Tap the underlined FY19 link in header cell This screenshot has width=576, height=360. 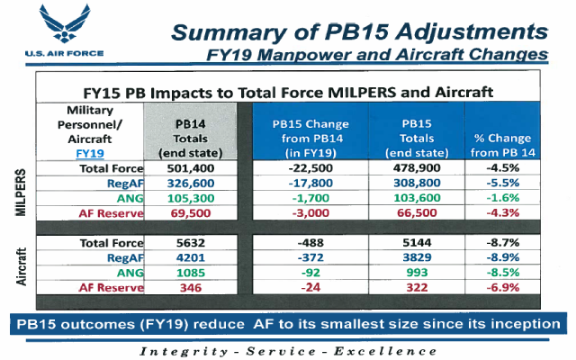tap(86, 154)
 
